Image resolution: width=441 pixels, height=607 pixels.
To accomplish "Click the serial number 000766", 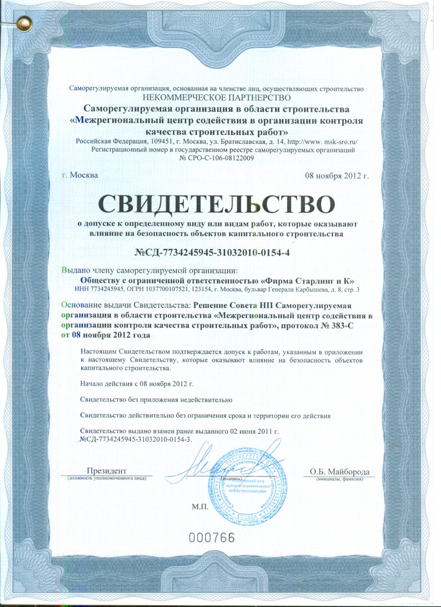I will [x=211, y=537].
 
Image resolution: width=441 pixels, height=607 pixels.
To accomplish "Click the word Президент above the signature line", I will [x=107, y=470].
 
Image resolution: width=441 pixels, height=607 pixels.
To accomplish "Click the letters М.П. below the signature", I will [x=199, y=506].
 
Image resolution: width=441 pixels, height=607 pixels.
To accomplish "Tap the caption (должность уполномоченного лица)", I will [x=107, y=479].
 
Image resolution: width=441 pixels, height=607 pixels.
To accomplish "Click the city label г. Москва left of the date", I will [x=80, y=175].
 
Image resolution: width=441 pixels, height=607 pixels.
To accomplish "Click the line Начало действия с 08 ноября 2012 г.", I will [x=137, y=384].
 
